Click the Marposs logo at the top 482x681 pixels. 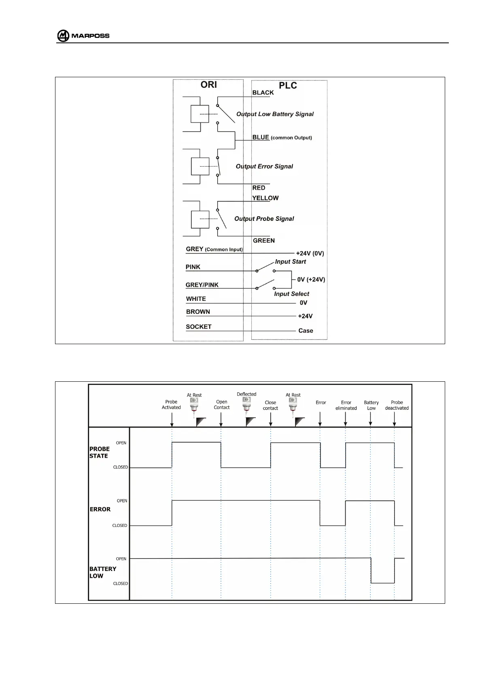pos(83,36)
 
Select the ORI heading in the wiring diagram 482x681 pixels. pos(208,85)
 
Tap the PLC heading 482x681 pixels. pos(288,86)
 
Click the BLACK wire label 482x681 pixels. pos(263,93)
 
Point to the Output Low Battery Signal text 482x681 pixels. pos(275,114)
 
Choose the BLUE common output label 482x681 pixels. pos(282,137)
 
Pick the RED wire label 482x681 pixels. pos(259,188)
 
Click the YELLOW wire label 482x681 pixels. pos(265,198)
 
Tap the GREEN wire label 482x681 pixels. pos(264,241)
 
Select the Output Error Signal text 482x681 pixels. pos(264,166)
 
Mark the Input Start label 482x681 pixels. pos(291,262)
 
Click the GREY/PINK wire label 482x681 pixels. pos(202,285)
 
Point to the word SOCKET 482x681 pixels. pos(199,327)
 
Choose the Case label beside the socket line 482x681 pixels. pos(306,331)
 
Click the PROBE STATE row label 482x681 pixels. pos(100,453)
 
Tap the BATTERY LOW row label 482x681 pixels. pos(103,572)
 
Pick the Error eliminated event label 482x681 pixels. pos(346,405)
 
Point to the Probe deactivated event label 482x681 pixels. pos(397,405)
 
